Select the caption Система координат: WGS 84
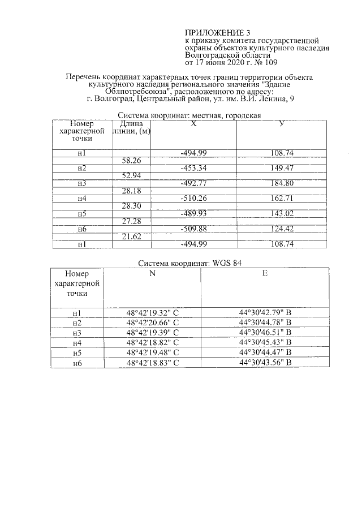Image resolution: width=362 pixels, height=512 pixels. tap(186, 263)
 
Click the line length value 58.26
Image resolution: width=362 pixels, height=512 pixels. tap(131, 161)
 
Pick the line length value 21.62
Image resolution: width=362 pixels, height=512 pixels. tap(131, 236)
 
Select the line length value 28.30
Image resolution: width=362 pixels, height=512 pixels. tap(131, 206)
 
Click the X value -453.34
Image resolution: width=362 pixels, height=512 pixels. tap(193, 168)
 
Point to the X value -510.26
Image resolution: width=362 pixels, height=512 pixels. tap(193, 199)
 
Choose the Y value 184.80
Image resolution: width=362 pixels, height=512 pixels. tap(281, 183)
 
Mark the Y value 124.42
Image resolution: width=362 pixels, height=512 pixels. tap(281, 229)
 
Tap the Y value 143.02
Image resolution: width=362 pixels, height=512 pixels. tap(281, 214)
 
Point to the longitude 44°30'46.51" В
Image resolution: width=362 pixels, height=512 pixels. tap(265, 333)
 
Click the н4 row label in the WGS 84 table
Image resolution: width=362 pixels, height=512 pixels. tap(77, 343)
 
